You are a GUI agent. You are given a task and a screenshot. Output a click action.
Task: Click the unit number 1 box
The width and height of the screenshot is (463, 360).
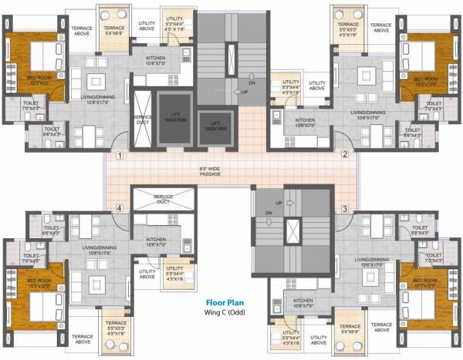point(120,155)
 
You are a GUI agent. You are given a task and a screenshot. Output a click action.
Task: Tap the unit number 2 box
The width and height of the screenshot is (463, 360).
point(345,155)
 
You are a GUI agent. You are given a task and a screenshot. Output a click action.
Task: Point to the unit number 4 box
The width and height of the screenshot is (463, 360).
point(119,207)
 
